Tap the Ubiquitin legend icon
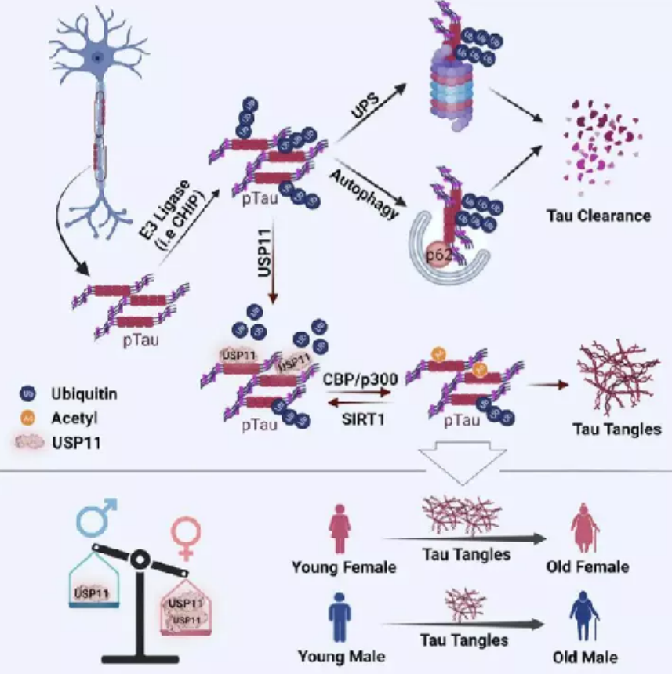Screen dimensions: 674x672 click(x=28, y=393)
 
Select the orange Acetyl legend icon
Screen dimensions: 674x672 click(x=28, y=417)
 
